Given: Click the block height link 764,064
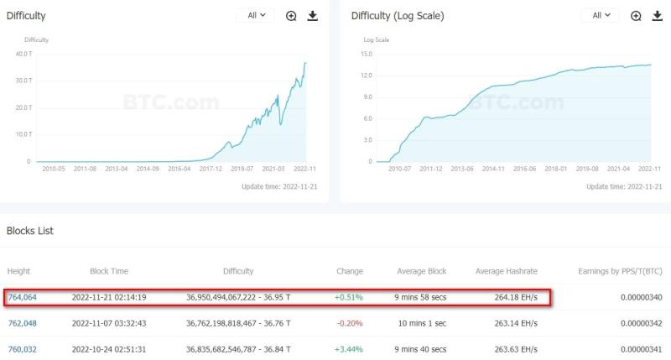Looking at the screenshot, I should (22, 297).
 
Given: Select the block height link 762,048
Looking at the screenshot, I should (22, 323).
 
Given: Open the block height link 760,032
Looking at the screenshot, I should (22, 349).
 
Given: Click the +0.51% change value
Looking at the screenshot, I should (348, 297).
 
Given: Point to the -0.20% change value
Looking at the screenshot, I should (349, 323).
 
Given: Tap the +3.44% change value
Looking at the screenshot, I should (348, 349).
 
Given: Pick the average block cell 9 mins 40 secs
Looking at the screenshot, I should (421, 349).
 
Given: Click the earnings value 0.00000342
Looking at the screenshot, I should (638, 323).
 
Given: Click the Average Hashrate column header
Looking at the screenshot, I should (506, 271).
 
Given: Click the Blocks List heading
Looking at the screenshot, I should (30, 231).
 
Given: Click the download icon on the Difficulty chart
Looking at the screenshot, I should (313, 15).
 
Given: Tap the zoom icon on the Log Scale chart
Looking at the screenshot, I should (637, 15).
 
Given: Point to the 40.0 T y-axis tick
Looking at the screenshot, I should (23, 54).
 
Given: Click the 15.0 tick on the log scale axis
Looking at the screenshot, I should (367, 54).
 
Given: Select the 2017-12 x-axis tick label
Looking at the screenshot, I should (211, 169).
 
